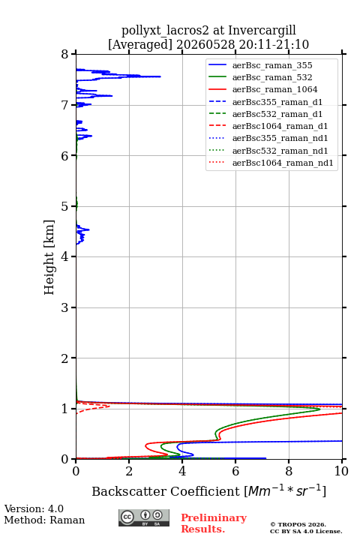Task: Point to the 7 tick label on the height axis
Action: (64, 105)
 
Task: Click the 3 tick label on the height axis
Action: (64, 307)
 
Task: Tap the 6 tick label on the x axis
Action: (235, 471)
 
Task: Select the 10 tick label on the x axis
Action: (341, 471)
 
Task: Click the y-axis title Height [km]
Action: (49, 257)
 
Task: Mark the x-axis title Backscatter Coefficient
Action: (165, 491)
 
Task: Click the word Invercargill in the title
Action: (262, 31)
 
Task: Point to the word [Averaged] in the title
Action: (139, 45)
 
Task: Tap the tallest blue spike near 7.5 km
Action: (160, 76)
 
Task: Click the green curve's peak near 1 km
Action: (319, 409)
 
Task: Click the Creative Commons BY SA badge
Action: (144, 517)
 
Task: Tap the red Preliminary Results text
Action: (214, 523)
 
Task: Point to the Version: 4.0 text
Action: (34, 508)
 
